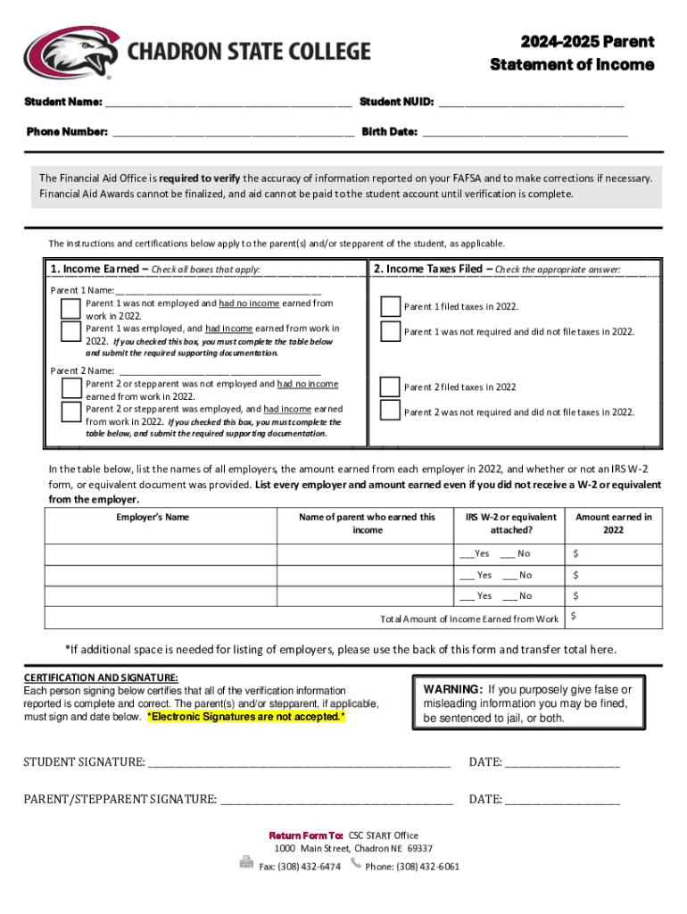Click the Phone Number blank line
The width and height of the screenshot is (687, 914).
point(232,132)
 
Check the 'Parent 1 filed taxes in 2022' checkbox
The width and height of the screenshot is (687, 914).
point(390,307)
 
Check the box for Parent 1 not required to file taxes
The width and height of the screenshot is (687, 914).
point(390,332)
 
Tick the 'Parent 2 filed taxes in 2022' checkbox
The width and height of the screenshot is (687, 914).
point(390,387)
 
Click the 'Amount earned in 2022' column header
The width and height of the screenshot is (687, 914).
point(613,523)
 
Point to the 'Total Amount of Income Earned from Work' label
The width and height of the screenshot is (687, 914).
point(469,619)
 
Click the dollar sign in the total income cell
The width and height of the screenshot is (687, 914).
point(574,616)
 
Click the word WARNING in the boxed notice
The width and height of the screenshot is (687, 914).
point(453,690)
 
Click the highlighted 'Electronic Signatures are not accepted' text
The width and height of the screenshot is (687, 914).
point(245,717)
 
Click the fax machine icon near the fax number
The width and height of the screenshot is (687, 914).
point(246,863)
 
